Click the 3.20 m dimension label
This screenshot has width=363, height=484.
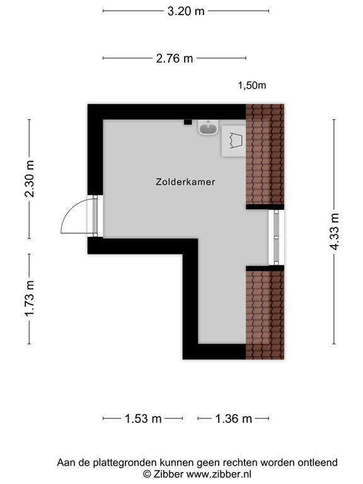(x=185, y=11)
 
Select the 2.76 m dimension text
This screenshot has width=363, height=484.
(x=174, y=59)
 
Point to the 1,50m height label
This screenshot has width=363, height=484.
(x=251, y=86)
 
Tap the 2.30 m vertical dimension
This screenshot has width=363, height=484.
(x=29, y=178)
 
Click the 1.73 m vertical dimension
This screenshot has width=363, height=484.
(x=29, y=299)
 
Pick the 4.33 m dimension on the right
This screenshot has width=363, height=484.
(x=334, y=231)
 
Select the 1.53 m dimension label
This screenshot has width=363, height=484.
(x=142, y=418)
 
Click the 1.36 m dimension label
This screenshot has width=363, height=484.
(x=233, y=418)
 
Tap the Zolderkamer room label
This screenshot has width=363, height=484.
(x=185, y=182)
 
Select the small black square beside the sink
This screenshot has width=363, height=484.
(x=187, y=123)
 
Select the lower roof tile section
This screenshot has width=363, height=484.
(x=265, y=313)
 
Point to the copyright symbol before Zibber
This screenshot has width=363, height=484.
(x=147, y=473)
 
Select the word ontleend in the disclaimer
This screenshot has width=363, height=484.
(x=318, y=463)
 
